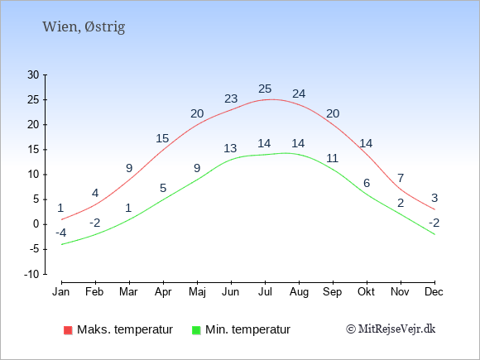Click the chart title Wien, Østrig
click(x=84, y=27)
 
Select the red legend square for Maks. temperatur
click(x=68, y=330)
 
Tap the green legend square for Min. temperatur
click(x=196, y=330)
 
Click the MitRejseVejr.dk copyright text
click(x=391, y=329)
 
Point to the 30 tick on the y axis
click(x=33, y=74)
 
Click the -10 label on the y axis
click(x=31, y=274)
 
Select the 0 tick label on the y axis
click(x=36, y=224)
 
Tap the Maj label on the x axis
click(x=197, y=292)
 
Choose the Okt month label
click(x=366, y=292)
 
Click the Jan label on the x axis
click(x=61, y=292)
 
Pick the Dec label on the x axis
click(x=434, y=292)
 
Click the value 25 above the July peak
click(x=265, y=89)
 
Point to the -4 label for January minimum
click(x=61, y=233)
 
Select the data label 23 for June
click(x=231, y=98)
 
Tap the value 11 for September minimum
click(x=332, y=158)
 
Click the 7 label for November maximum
click(x=401, y=178)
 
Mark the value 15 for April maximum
click(x=162, y=138)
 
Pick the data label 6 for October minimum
click(x=367, y=183)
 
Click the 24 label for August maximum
click(x=299, y=94)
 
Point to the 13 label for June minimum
click(x=230, y=148)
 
